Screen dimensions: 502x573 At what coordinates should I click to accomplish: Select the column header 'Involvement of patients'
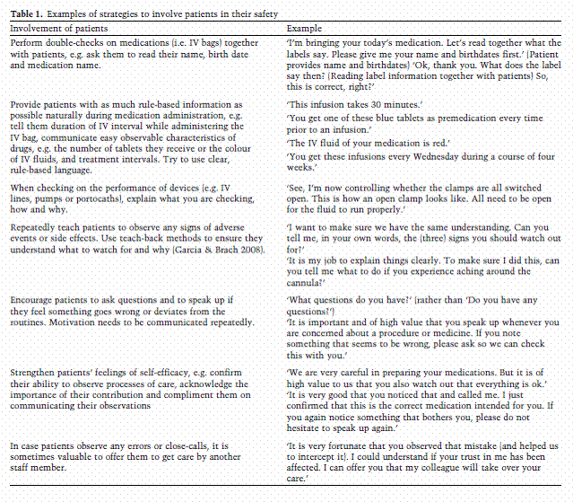[x=62, y=30]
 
